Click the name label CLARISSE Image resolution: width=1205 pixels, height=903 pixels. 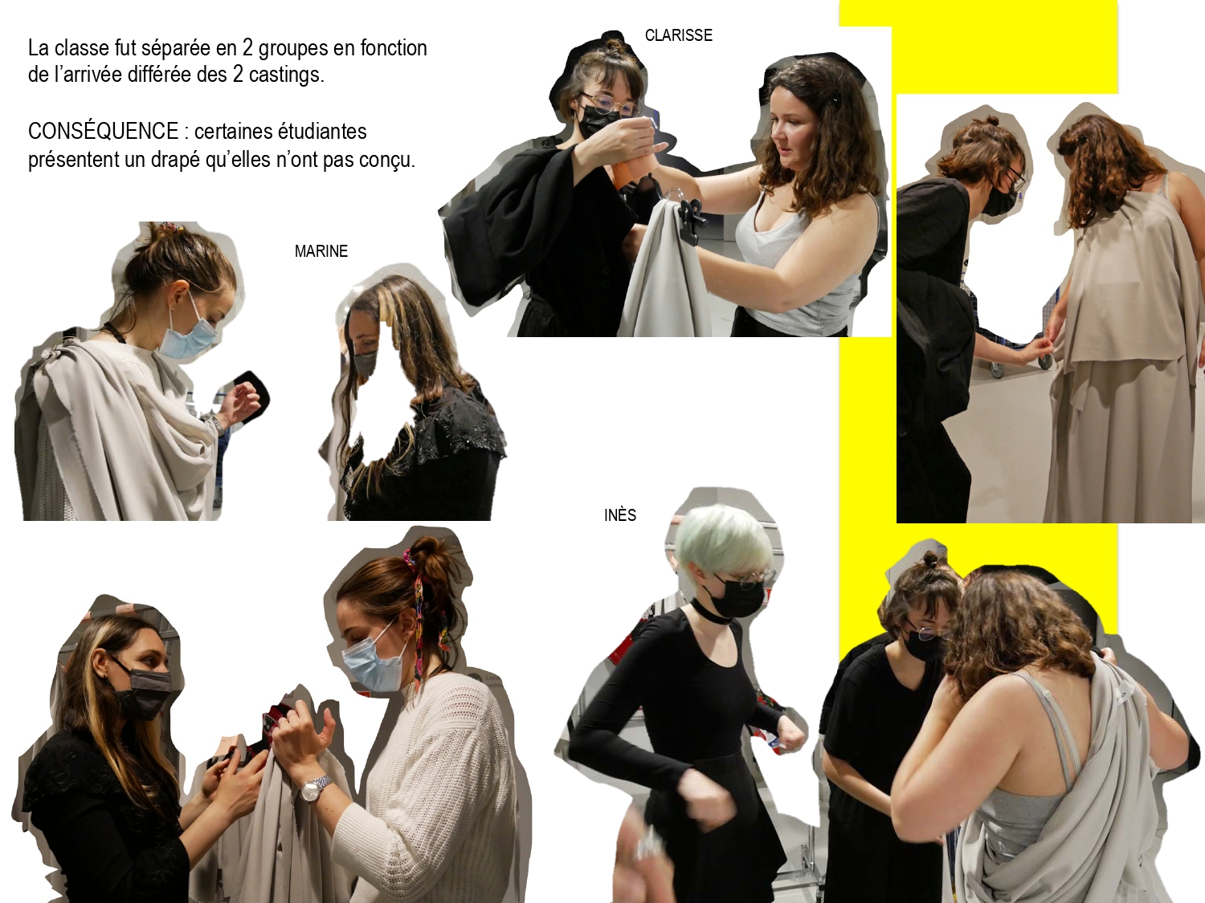coord(679,35)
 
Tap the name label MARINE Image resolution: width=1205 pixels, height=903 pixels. coord(321,251)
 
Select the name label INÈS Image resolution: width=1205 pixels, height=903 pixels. coord(620,515)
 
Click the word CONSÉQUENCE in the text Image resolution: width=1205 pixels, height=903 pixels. coord(103,131)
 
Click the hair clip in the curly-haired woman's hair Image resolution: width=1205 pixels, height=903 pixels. coord(835,100)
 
